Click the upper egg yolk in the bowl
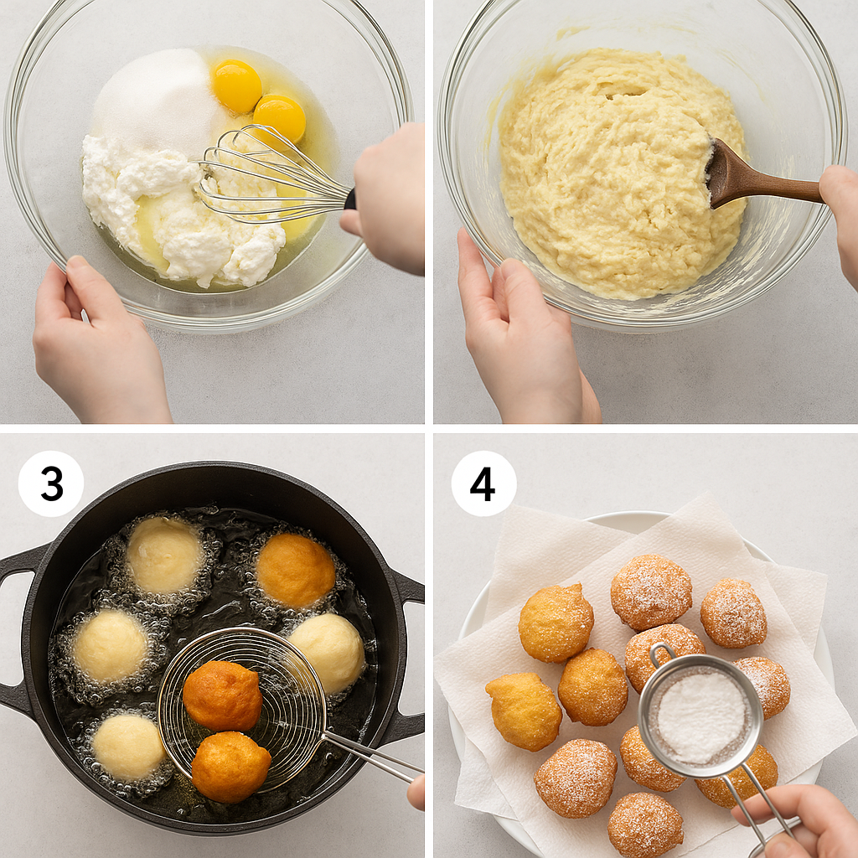click(237, 85)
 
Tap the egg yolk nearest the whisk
click(280, 119)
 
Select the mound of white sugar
click(156, 99)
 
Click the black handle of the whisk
click(350, 199)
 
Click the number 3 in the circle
click(51, 483)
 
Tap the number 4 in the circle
click(483, 484)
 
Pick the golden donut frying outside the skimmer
click(296, 571)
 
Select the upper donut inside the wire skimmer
click(222, 695)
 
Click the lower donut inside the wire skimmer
click(230, 767)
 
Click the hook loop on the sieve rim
click(662, 656)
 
